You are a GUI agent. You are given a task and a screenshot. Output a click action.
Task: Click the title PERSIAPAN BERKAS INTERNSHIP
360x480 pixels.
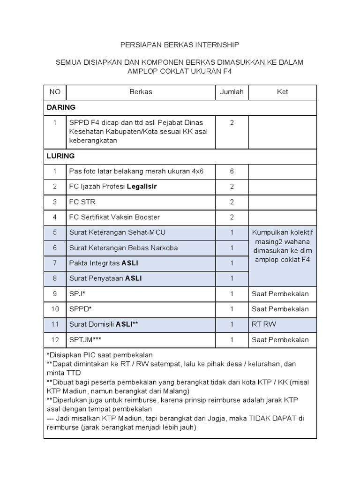point(180,45)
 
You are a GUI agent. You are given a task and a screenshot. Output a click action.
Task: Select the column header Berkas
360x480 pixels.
point(141,92)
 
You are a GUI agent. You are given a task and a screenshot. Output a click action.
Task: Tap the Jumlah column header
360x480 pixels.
point(232,92)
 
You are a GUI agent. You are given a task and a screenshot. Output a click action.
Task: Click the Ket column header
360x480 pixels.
point(282,92)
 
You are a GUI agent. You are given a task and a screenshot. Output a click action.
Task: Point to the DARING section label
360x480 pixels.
point(58,107)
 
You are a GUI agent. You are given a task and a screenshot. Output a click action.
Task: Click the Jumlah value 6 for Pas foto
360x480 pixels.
point(232,171)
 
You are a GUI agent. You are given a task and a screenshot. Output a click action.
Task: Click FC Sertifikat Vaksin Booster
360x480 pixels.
point(114,217)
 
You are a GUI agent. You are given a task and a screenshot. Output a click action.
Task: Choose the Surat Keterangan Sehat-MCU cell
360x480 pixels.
point(117,232)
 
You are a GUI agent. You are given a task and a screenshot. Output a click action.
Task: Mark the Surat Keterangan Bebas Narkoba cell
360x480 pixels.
point(123,248)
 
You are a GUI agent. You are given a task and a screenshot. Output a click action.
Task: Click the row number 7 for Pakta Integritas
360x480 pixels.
point(55,263)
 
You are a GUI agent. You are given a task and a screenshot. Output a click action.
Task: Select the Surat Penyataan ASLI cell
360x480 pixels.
point(105,278)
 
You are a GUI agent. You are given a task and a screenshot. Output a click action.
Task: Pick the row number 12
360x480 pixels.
point(55,340)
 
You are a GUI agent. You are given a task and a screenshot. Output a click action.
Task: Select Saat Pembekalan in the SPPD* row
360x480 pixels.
point(280,309)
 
